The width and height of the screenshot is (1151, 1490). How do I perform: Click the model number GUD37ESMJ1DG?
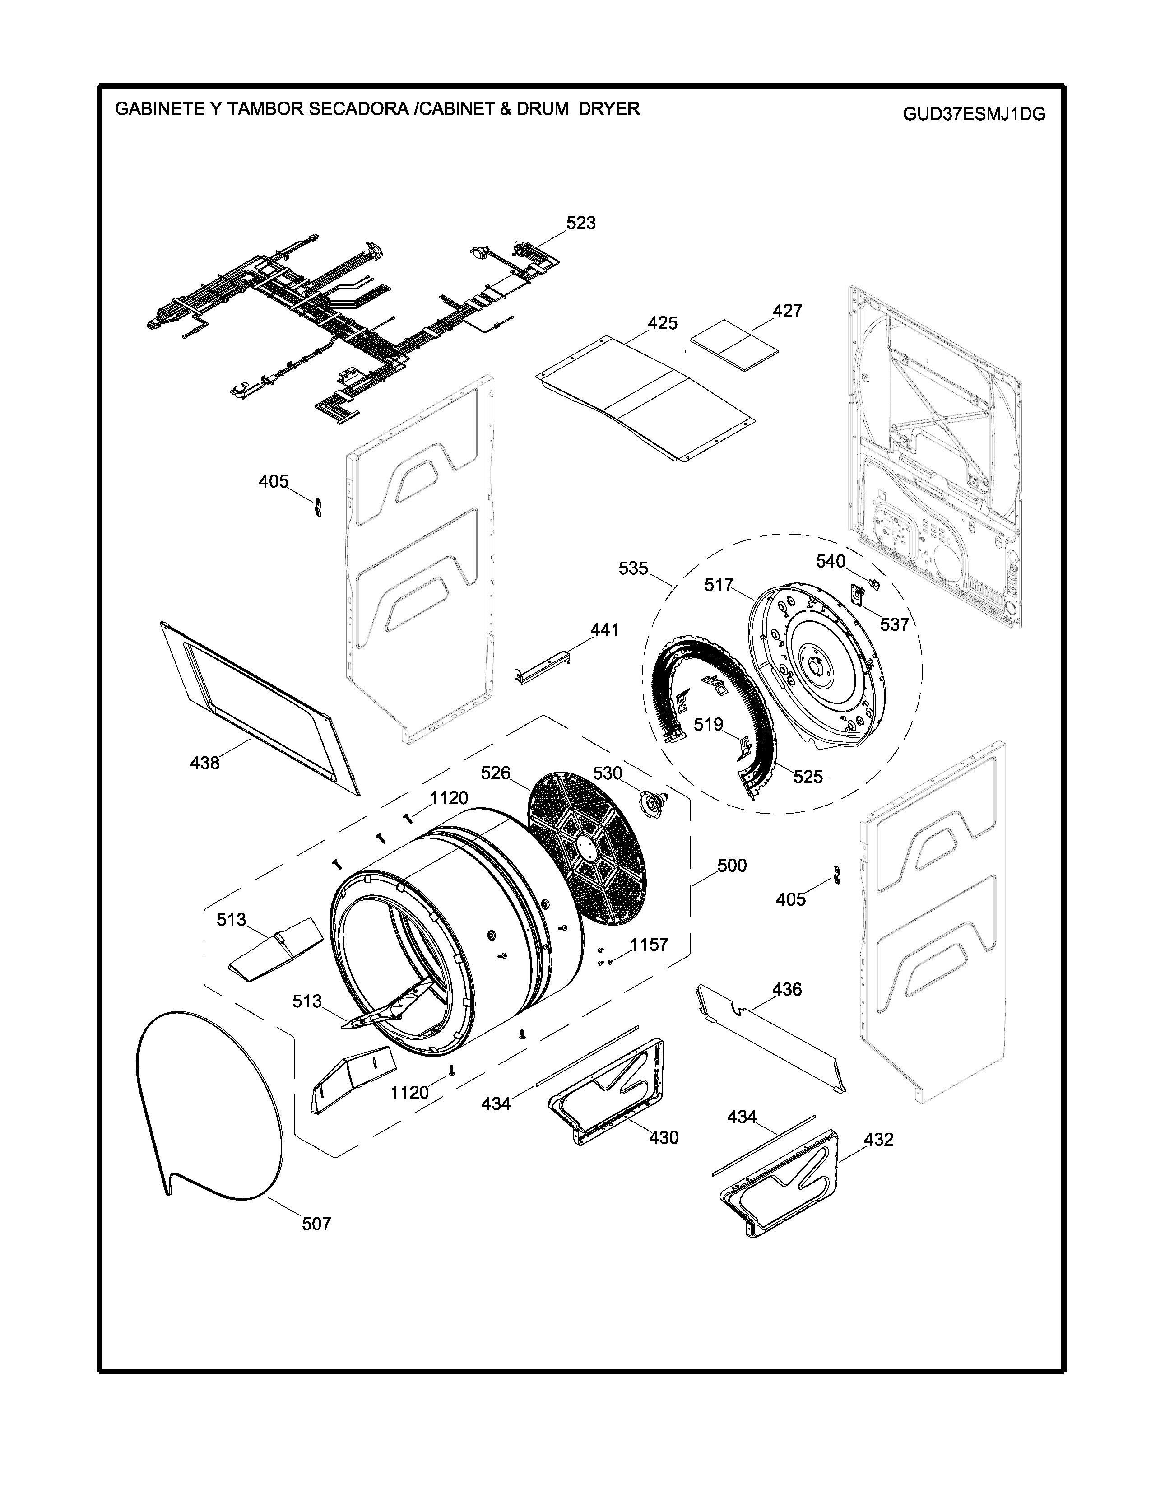point(974,114)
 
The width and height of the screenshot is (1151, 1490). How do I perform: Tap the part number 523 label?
point(581,223)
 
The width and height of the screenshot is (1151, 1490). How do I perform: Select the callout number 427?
point(788,311)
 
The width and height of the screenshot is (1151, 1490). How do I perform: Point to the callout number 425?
point(663,323)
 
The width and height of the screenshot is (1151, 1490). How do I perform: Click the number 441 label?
point(604,630)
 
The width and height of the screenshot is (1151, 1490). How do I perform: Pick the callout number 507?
point(316,1224)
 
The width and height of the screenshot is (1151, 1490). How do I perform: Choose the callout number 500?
point(732,865)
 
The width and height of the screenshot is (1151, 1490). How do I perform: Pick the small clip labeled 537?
point(858,595)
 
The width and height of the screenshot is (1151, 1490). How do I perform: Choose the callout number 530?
point(608,773)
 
